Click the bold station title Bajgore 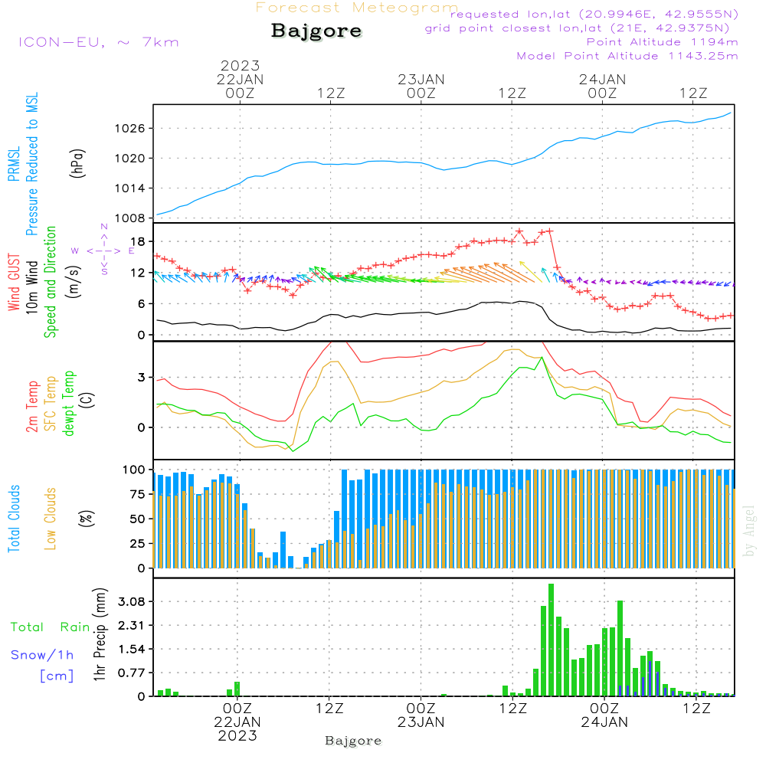pos(316,31)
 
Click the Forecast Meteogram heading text pos(357,8)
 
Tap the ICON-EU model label pos(98,41)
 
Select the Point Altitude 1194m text pos(662,41)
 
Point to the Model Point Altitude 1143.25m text pos(627,56)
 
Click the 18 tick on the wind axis pos(139,241)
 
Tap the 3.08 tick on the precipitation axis pos(131,602)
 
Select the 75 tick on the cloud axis pos(137,494)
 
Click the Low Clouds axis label pos(51,517)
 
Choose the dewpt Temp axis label pos(70,404)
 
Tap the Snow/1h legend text pos(42,655)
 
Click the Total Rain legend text pos(50,627)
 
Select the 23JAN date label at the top pos(421,79)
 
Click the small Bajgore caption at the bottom pos(353,741)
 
